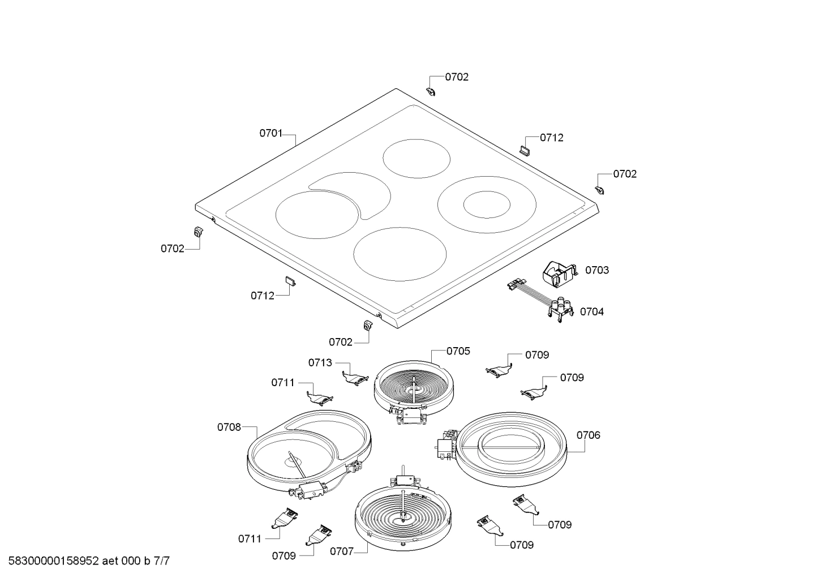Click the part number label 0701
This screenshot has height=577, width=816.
pyautogui.click(x=270, y=134)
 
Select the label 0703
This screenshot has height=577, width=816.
pyautogui.click(x=597, y=270)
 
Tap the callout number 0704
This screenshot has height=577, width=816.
pyautogui.click(x=591, y=311)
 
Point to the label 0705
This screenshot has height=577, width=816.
pyautogui.click(x=458, y=351)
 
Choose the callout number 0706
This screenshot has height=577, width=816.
pyautogui.click(x=589, y=435)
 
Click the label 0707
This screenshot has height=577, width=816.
pyautogui.click(x=341, y=550)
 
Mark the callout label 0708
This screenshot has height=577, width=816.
pyautogui.click(x=229, y=427)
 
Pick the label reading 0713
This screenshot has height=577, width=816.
pyautogui.click(x=320, y=362)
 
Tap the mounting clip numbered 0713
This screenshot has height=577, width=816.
pyautogui.click(x=355, y=378)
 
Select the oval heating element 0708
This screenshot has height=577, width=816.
pyautogui.click(x=308, y=450)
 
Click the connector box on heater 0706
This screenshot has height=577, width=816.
pyautogui.click(x=446, y=444)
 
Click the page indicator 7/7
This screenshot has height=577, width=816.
pyautogui.click(x=161, y=561)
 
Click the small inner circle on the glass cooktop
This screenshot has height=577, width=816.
pyautogui.click(x=487, y=204)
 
